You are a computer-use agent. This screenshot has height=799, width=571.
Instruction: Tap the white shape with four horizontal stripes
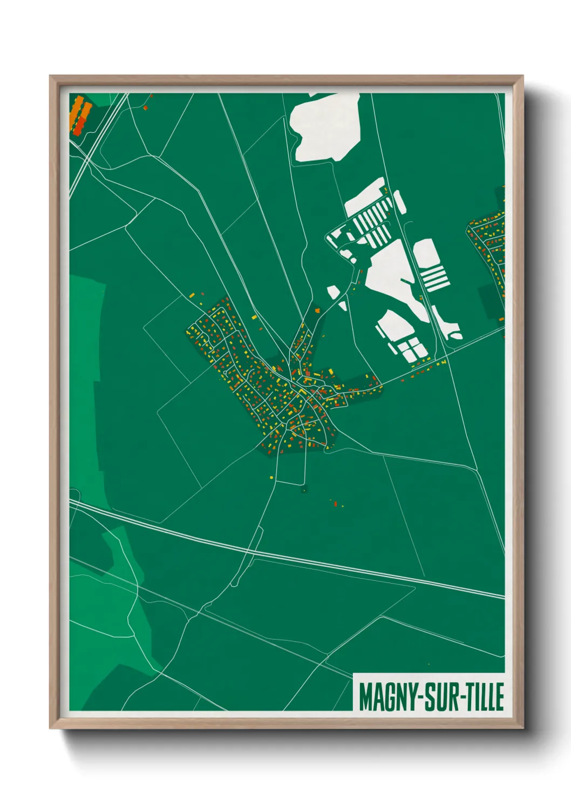click(x=434, y=278)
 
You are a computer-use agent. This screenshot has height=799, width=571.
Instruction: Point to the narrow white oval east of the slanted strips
click(x=399, y=202)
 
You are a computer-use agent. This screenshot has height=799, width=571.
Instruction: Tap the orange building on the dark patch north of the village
click(x=317, y=310)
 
